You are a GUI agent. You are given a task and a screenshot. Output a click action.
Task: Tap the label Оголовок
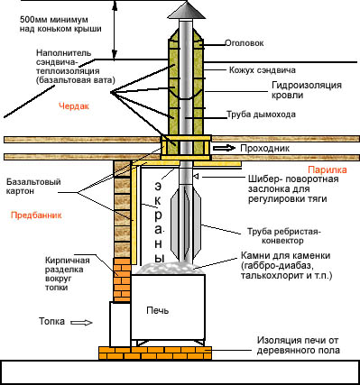click(245, 43)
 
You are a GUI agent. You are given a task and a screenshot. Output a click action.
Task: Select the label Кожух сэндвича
click(263, 70)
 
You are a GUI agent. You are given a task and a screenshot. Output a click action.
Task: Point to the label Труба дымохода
click(261, 115)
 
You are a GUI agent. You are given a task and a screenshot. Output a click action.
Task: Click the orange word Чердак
click(74, 106)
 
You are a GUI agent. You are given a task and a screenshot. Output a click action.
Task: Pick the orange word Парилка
click(328, 170)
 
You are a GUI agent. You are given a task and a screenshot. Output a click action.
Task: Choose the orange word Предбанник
click(36, 215)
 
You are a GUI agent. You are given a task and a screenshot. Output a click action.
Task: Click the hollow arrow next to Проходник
click(224, 148)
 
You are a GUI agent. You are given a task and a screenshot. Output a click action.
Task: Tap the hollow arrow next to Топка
click(81, 323)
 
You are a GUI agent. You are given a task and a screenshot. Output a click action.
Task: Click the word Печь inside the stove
click(158, 310)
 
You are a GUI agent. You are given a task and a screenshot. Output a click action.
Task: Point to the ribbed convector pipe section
click(186, 221)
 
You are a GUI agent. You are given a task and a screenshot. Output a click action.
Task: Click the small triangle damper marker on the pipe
click(195, 176)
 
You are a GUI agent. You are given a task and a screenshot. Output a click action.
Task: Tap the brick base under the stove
click(155, 353)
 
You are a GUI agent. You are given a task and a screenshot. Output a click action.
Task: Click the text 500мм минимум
click(54, 20)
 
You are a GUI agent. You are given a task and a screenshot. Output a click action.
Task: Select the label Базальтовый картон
click(33, 187)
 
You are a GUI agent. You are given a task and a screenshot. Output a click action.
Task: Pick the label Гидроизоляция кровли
click(307, 90)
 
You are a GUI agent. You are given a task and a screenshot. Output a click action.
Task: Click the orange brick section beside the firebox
click(122, 280)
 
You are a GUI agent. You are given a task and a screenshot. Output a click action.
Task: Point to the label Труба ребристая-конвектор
click(284, 236)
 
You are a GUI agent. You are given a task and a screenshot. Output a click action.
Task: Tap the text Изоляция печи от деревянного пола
click(298, 345)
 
